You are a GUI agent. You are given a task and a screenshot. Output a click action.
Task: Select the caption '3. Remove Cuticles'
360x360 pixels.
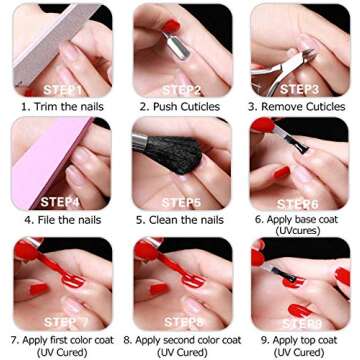coord(298,105)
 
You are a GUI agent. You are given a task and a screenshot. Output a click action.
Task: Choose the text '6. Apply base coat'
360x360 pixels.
coord(299,218)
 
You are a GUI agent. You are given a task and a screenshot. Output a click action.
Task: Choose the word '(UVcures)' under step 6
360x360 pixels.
coord(299,230)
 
